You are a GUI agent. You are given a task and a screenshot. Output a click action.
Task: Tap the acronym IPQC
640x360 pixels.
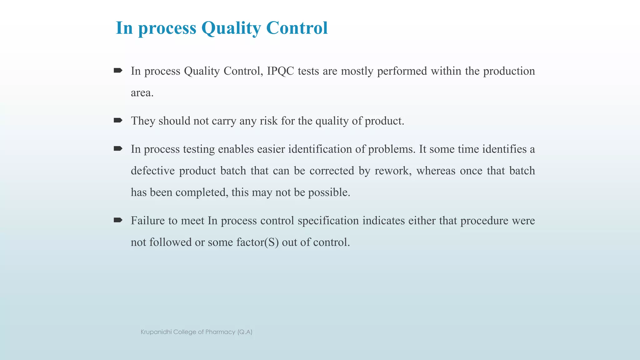click(280, 71)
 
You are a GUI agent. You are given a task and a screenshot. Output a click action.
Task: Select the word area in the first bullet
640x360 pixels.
click(142, 93)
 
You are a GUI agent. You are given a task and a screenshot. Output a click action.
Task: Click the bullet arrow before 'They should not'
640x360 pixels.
click(118, 120)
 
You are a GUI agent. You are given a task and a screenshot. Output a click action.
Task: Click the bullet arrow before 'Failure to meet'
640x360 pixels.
click(118, 220)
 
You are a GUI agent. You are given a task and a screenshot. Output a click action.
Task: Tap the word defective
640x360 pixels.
click(152, 171)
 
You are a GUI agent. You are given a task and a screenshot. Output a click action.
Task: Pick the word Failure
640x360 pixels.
click(147, 221)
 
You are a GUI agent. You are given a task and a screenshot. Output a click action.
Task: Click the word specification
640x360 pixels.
click(328, 221)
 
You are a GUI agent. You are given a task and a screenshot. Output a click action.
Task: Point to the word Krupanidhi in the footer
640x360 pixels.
click(156, 332)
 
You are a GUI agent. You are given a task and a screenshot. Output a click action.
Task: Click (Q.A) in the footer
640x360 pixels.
click(245, 332)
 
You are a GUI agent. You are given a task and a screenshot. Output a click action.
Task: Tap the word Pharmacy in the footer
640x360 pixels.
click(220, 332)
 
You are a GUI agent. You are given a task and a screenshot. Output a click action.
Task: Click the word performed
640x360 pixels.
click(402, 71)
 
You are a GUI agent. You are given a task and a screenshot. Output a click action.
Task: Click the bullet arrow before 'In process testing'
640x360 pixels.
click(118, 148)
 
